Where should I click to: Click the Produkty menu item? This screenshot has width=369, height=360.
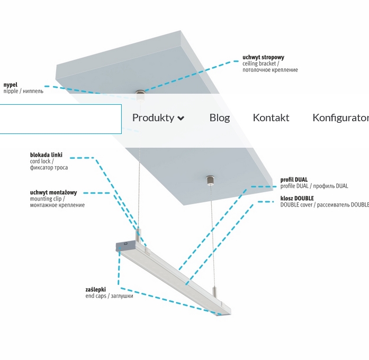[153, 118]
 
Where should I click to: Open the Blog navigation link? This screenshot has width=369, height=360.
[220, 118]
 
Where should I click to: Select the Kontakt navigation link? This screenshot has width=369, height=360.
[271, 118]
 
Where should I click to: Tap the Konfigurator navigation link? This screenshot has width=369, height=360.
[340, 118]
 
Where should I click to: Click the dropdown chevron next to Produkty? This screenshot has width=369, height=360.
[181, 118]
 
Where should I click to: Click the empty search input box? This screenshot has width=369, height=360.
[60, 119]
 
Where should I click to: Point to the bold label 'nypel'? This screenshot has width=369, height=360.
[11, 85]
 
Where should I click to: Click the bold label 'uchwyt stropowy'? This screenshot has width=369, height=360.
[263, 57]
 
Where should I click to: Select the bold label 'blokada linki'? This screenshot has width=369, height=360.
[46, 155]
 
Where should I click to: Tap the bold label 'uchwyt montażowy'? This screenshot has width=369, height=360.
[53, 192]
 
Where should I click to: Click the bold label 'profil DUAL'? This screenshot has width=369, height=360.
[294, 180]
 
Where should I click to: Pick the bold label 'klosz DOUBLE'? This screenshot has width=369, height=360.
[297, 199]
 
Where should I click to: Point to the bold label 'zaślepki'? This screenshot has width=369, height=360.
[95, 290]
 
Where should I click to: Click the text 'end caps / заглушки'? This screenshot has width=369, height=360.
[109, 296]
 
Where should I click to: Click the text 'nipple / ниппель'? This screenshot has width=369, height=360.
[23, 91]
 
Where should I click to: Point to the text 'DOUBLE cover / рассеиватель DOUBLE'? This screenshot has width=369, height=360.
[325, 205]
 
